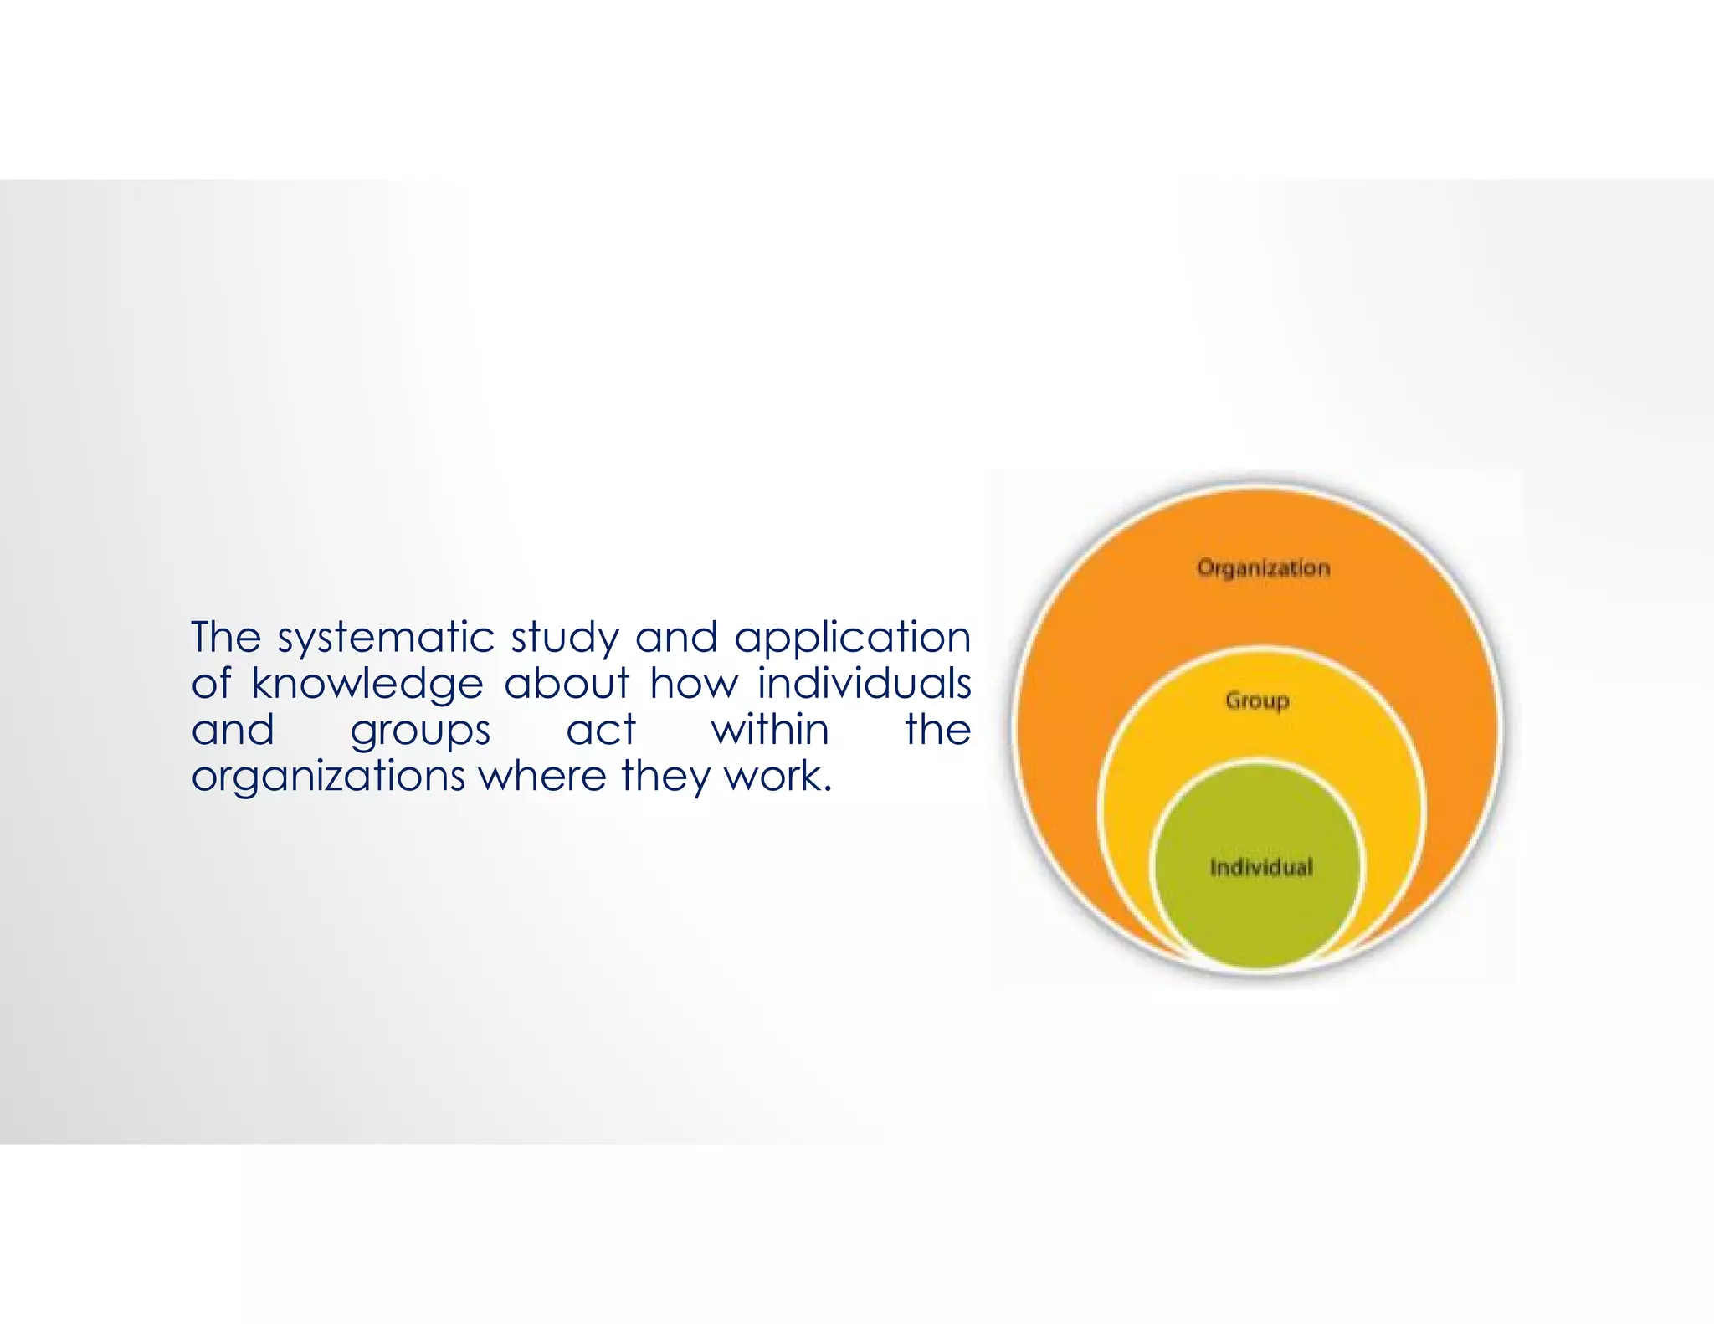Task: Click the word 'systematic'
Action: coord(386,639)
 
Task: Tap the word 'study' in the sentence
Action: coord(565,639)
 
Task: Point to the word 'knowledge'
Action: coord(367,685)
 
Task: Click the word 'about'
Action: coord(567,683)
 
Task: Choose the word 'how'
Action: coord(694,683)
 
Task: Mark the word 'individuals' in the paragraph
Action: coord(864,683)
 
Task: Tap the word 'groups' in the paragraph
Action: coord(420,731)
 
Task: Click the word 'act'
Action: coord(601,729)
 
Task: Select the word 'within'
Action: coord(770,729)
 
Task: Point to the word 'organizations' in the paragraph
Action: coord(328,777)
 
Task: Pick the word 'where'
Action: coord(541,775)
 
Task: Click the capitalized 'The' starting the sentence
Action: coord(226,637)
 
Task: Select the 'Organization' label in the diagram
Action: coord(1263,568)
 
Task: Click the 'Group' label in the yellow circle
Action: coord(1257,700)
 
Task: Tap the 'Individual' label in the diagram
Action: coord(1261,867)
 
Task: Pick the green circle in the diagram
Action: coord(1260,912)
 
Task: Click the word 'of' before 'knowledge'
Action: coord(210,683)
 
